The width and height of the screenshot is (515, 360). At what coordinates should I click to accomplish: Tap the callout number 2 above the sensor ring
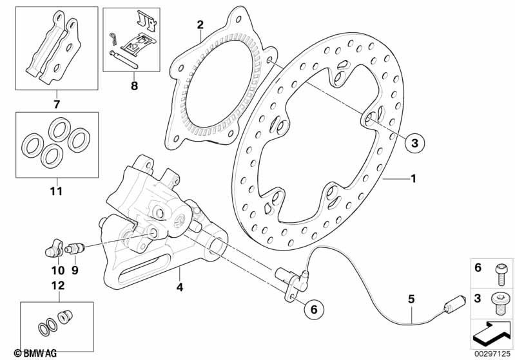200,25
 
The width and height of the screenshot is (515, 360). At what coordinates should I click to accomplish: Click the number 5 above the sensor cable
411,298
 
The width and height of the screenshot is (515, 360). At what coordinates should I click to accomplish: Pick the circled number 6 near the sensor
314,309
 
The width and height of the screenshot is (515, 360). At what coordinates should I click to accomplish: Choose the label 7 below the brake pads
56,103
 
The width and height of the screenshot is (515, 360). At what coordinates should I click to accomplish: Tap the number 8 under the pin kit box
134,84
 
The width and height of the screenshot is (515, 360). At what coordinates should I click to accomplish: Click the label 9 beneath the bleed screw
74,270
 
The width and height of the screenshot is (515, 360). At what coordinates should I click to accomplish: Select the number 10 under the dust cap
57,270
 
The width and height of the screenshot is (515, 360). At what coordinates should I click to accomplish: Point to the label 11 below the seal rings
56,191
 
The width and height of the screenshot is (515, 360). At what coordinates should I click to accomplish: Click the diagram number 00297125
492,353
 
